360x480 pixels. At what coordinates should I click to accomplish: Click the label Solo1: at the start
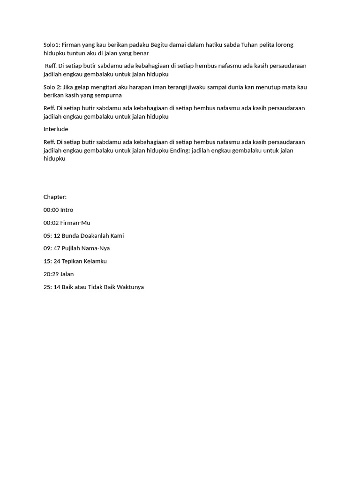(x=52, y=45)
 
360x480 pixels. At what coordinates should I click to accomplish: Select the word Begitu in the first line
(x=160, y=45)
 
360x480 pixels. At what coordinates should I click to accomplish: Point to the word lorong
(x=284, y=45)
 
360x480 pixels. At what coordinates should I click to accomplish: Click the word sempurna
(x=109, y=96)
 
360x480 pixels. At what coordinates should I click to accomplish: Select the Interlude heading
(x=56, y=129)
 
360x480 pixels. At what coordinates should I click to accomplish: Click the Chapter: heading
(x=55, y=197)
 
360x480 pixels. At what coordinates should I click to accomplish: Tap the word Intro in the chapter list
(x=67, y=210)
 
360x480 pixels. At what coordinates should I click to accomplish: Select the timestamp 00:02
(x=51, y=223)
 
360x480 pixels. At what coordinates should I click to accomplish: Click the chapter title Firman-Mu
(x=75, y=223)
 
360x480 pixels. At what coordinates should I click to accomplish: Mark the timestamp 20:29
(x=51, y=274)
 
